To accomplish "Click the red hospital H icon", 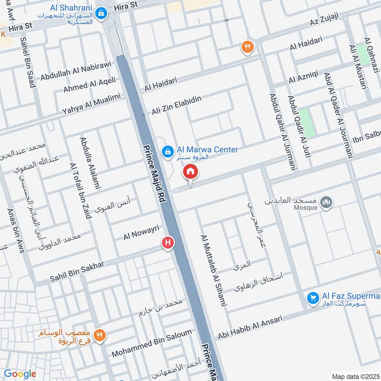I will [x=168, y=243].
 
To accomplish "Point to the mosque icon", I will [x=326, y=202].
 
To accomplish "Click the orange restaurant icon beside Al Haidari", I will [x=247, y=47].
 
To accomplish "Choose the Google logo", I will [x=19, y=374].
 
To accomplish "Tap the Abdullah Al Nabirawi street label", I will [x=75, y=70].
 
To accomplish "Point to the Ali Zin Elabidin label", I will [x=176, y=105].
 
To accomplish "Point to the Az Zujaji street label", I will [x=324, y=20].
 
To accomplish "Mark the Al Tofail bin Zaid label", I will [x=80, y=190].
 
